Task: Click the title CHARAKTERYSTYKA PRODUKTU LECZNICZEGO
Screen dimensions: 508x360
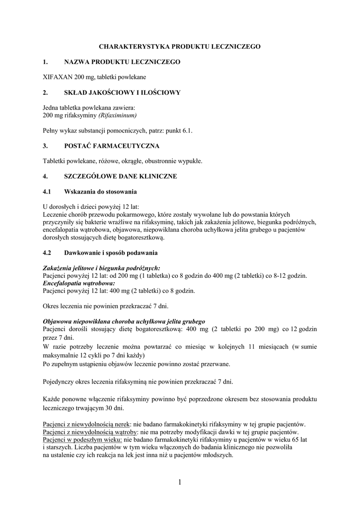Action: pyautogui.click(x=180, y=46)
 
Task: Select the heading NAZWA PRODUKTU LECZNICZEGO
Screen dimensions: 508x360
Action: pyautogui.click(x=122, y=62)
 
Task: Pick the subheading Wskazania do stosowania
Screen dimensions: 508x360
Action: pyautogui.click(x=101, y=191)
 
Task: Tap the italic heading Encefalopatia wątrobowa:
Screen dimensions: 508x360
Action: pyautogui.click(x=73, y=283)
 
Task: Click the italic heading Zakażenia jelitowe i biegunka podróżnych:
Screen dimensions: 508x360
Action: pyautogui.click(x=102, y=268)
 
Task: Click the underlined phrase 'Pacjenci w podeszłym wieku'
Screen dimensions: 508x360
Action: pyautogui.click(x=82, y=440)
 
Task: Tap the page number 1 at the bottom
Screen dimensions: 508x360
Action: pyautogui.click(x=180, y=482)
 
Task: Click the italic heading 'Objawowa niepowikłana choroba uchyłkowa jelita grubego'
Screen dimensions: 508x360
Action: pyautogui.click(x=124, y=321)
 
